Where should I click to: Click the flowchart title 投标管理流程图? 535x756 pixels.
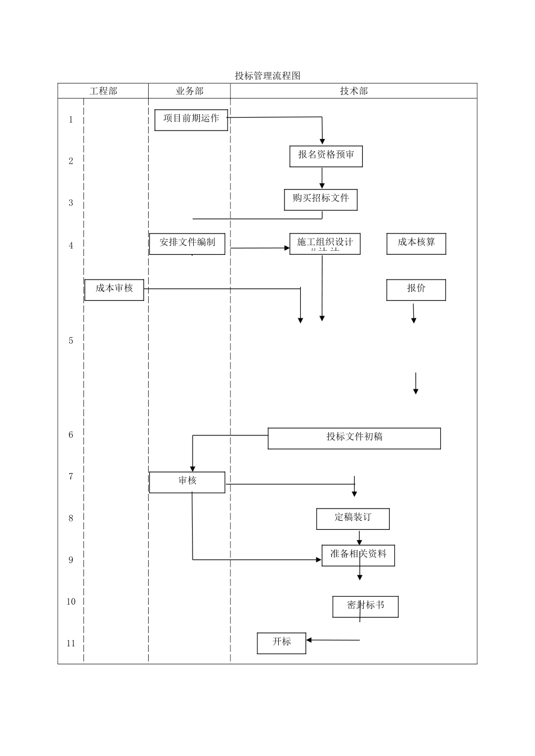click(x=267, y=76)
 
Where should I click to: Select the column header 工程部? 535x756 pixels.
click(x=103, y=91)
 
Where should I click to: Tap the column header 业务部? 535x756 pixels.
click(x=189, y=91)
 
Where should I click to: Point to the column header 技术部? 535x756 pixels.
click(x=354, y=91)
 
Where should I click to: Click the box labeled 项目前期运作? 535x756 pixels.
click(x=191, y=120)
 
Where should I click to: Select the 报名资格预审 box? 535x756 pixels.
click(x=326, y=156)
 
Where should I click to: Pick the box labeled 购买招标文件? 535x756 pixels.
click(x=321, y=199)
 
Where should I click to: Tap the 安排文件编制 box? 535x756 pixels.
click(x=187, y=244)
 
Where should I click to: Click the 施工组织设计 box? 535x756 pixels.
click(x=325, y=244)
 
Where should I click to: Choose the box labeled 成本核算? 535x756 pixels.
click(x=416, y=244)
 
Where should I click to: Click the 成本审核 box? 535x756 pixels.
click(x=114, y=290)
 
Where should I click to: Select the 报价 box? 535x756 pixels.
click(x=416, y=290)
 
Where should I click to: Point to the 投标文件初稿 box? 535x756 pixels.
click(x=354, y=438)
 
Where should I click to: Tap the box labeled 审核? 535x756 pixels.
click(x=187, y=482)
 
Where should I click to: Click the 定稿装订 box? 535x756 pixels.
click(x=353, y=519)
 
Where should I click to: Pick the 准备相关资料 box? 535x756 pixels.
click(x=358, y=555)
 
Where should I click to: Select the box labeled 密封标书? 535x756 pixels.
click(x=365, y=606)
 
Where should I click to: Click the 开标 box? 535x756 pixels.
click(x=282, y=643)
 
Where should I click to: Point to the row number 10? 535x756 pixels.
click(x=71, y=602)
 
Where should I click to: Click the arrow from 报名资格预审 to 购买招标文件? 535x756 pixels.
click(x=323, y=178)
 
